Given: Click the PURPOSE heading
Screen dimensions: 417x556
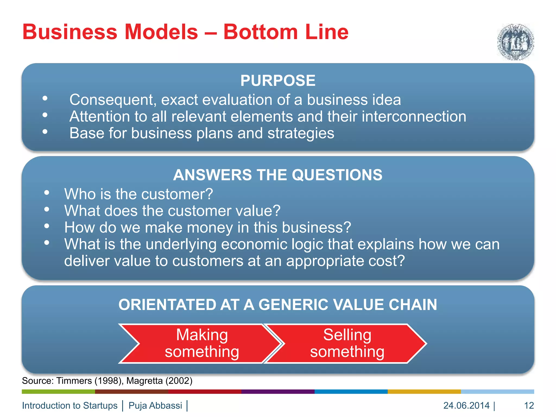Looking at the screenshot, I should tap(278, 81).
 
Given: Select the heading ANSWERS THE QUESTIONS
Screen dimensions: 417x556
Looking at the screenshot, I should tap(278, 175).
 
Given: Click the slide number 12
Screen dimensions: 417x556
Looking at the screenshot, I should tap(529, 406).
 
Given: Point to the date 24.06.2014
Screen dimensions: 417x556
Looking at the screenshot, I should tap(466, 406).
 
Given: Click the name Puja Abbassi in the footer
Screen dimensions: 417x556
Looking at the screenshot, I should tap(155, 406).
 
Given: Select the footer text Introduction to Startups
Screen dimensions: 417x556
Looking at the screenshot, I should tap(70, 406).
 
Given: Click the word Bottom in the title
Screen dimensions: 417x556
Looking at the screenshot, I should tap(261, 32).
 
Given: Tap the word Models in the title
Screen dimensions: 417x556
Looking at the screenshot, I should tap(161, 32).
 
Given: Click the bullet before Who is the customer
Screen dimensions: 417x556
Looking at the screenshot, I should tap(47, 193).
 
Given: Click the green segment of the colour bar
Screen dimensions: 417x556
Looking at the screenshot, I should tap(58, 391).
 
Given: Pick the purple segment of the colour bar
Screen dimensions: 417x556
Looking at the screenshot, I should tap(278, 391).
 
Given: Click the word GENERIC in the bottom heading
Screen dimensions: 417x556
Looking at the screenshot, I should tap(293, 305).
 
